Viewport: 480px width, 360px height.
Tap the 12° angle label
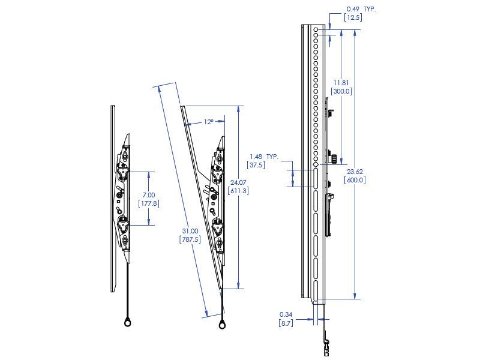(208, 122)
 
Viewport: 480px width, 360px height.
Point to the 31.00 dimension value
(190, 231)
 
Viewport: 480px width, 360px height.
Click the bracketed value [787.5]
(190, 239)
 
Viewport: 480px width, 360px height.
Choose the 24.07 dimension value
(238, 182)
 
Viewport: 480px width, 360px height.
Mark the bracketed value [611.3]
(238, 191)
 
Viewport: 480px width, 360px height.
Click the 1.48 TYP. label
(264, 156)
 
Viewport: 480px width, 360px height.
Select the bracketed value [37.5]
(256, 164)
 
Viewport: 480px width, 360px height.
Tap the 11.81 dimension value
(341, 83)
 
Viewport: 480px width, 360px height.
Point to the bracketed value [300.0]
(341, 91)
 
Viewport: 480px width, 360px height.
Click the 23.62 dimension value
(355, 171)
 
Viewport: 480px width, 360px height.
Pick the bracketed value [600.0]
(355, 179)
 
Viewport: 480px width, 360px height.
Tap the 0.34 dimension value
(286, 314)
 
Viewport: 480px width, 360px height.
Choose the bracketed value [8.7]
(286, 323)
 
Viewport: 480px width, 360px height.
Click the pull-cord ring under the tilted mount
(223, 325)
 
